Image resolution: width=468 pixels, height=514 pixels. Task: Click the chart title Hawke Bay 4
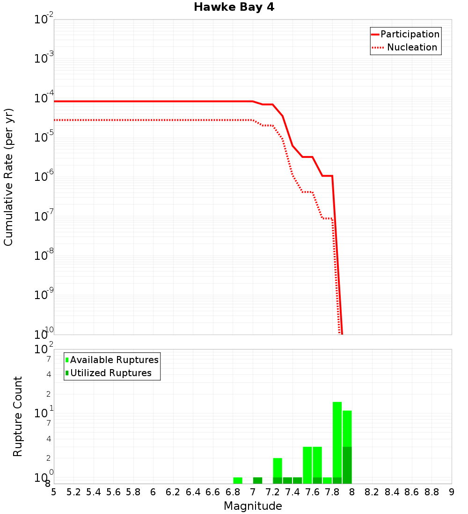click(234, 7)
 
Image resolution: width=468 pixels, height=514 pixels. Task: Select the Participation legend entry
click(405, 34)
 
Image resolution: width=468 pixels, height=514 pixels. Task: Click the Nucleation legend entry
click(405, 47)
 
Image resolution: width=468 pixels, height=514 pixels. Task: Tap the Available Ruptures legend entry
click(112, 360)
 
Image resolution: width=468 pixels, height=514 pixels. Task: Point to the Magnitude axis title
click(253, 506)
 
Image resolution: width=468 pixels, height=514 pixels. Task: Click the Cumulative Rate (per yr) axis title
click(8, 177)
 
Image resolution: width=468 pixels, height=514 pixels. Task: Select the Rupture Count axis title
click(18, 416)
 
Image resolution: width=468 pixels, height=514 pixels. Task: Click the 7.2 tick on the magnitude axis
click(272, 492)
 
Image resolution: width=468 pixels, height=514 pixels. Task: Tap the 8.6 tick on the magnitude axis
click(412, 492)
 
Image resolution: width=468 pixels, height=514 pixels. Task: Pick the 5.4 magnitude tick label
click(93, 492)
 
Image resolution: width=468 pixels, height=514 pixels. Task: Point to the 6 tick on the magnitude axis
click(153, 492)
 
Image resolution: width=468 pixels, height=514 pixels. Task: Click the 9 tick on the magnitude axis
click(452, 492)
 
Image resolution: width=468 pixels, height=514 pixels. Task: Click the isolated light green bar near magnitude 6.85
click(238, 480)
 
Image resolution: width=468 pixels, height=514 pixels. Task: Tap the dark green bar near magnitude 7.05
click(257, 480)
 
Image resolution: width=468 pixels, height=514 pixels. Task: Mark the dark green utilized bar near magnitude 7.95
click(347, 465)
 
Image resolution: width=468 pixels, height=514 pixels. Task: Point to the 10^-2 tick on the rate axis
click(44, 20)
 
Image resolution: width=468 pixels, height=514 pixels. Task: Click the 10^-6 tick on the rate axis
click(44, 177)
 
